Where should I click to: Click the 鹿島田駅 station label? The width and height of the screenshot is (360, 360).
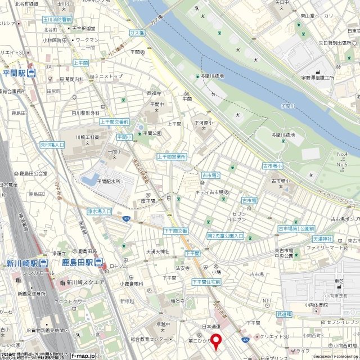point(77,263)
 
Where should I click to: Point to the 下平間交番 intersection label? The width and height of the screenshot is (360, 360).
point(175,231)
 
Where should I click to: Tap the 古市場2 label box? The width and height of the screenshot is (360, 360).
point(211,176)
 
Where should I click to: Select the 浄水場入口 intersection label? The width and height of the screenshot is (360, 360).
point(99,211)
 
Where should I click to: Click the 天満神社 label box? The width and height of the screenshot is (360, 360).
point(323,240)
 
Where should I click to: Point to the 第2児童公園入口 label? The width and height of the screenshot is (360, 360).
point(225,236)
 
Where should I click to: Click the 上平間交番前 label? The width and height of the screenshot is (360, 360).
point(114,121)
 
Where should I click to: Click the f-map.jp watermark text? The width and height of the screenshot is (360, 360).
point(85,355)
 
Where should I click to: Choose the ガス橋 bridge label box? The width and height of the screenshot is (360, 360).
point(137,33)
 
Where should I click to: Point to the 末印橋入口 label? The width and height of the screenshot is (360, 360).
point(52,145)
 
